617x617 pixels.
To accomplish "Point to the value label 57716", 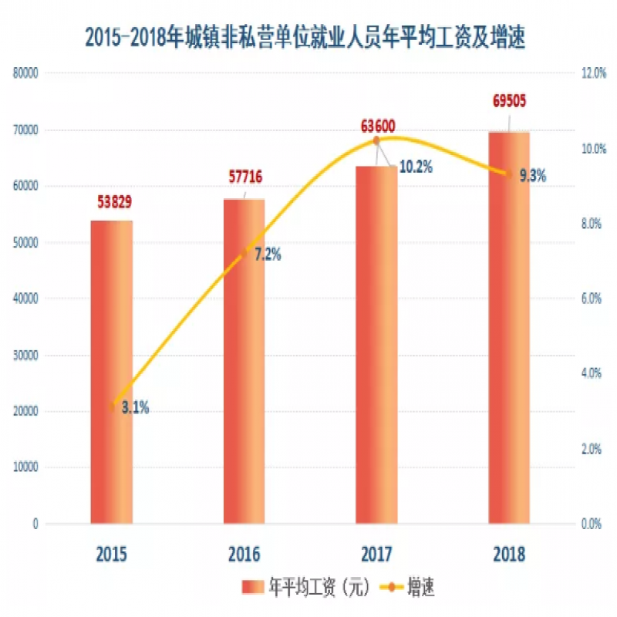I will point(244,178).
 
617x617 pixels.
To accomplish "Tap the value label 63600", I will point(377,126).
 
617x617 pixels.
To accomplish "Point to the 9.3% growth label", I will point(532,176).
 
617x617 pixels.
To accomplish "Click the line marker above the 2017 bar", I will point(376,140).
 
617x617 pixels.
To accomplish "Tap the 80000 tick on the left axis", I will point(25,73).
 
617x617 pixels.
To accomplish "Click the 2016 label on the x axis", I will point(244,555).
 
